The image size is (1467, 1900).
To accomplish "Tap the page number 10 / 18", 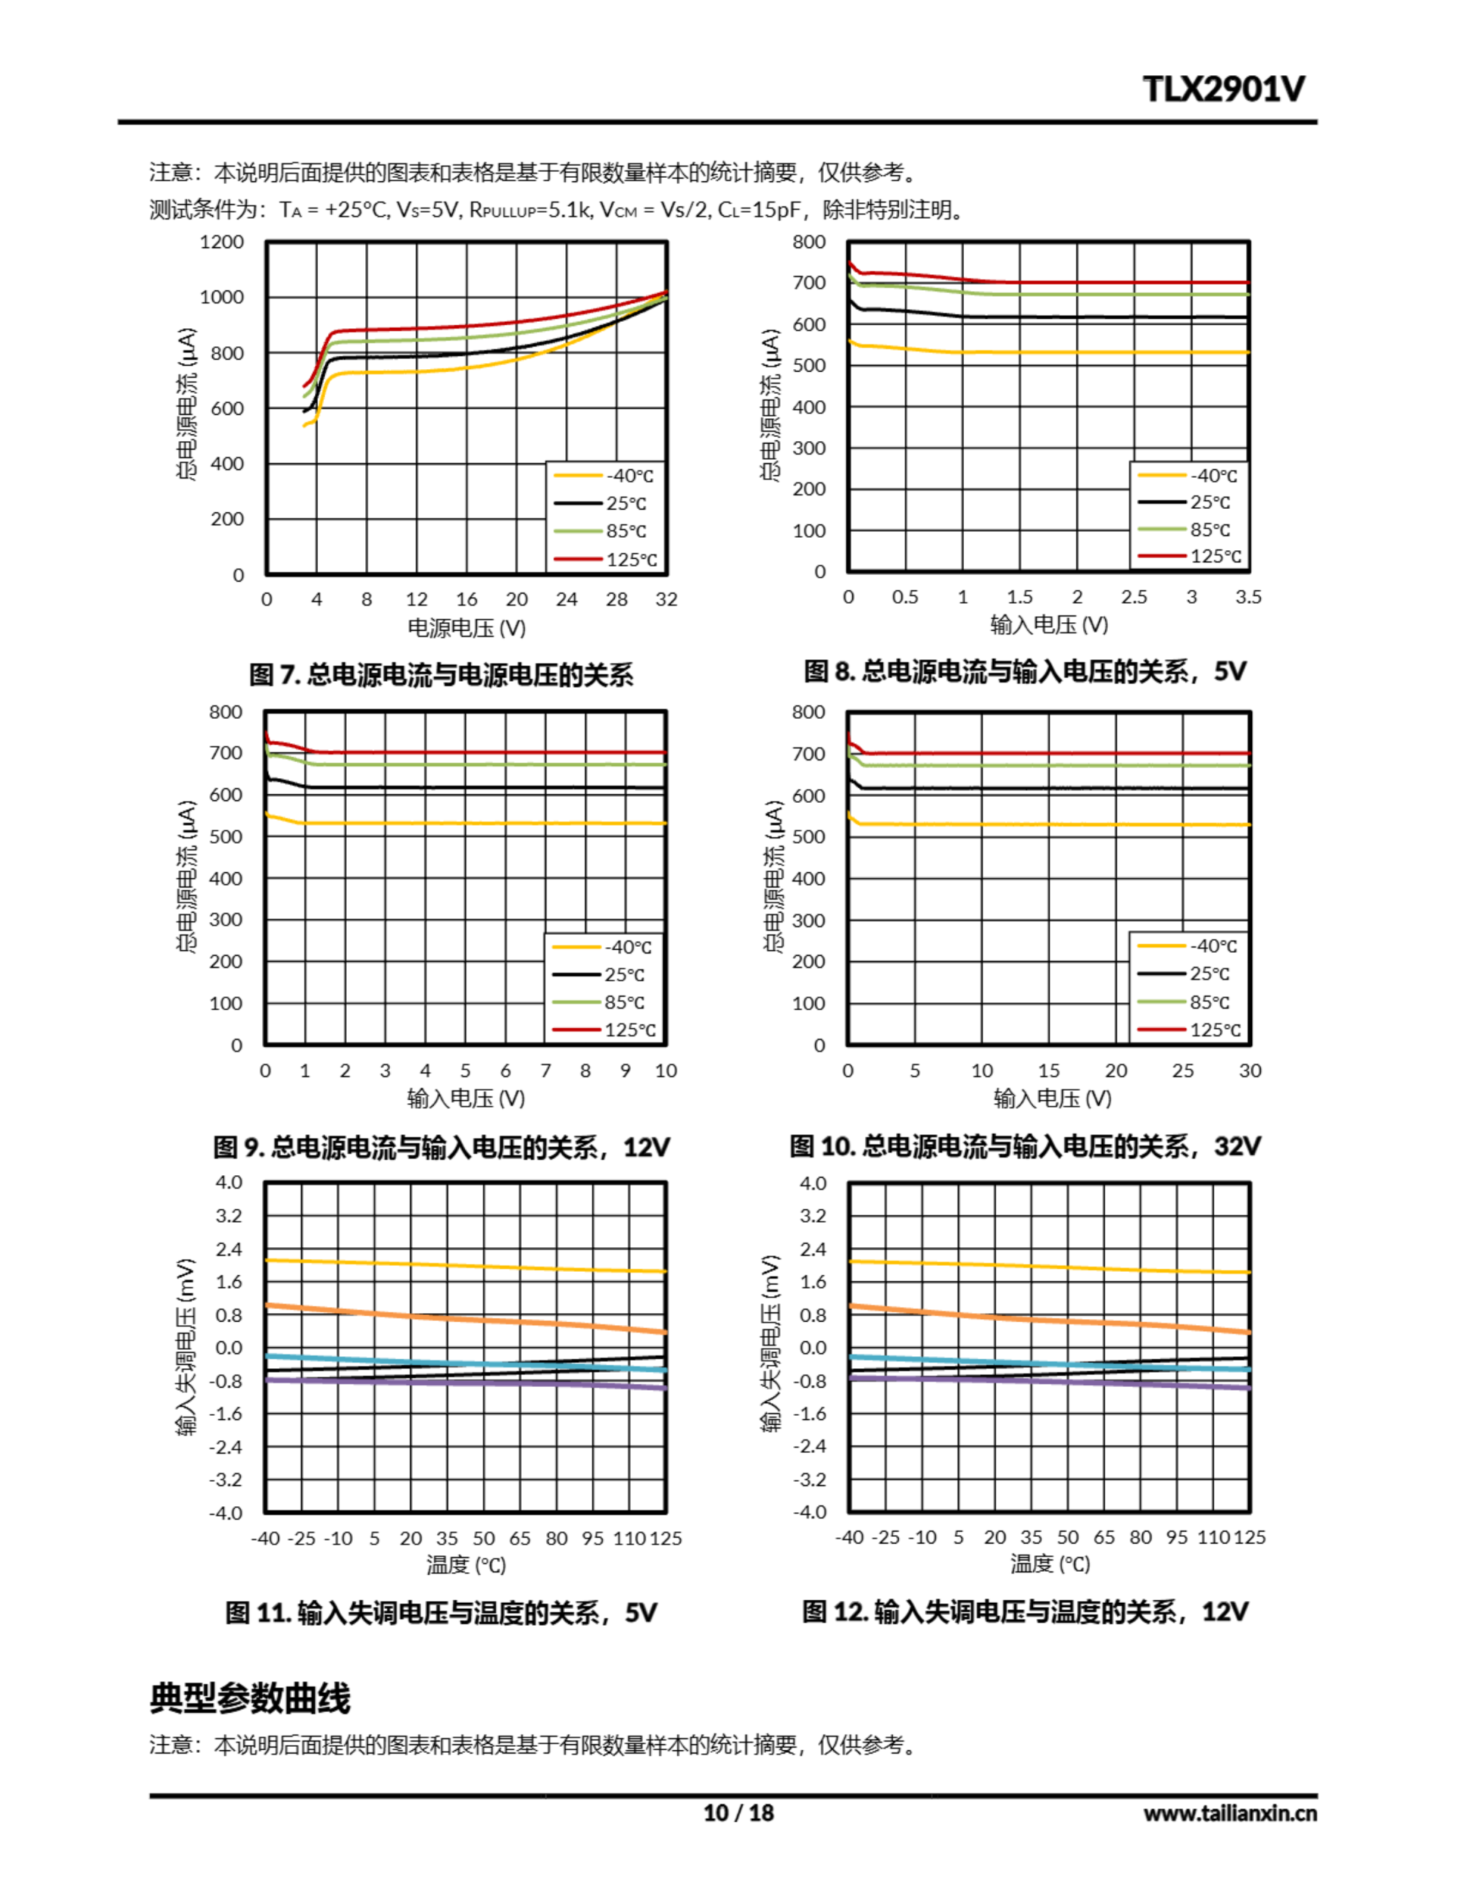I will tap(737, 1812).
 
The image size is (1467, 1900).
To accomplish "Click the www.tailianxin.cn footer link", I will tap(1230, 1813).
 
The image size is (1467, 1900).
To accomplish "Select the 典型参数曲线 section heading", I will tap(250, 1697).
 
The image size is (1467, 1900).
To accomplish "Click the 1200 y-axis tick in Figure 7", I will tap(222, 242).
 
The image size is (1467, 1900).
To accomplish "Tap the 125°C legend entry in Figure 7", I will tap(630, 560).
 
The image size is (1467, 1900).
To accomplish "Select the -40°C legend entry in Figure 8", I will tap(1213, 476).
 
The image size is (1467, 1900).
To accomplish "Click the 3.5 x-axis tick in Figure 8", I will tap(1248, 597).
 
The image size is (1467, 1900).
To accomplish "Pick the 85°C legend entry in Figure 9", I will tap(624, 1002).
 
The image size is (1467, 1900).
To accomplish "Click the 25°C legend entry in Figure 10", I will tap(1209, 974).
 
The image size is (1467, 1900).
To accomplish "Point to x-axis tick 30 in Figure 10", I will tap(1250, 1070).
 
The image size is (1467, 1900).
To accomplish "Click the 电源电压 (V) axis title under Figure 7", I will tap(466, 627).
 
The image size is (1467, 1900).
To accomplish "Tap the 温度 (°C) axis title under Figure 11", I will tap(466, 1565).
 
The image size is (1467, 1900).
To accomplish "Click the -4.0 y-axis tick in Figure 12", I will tap(810, 1512).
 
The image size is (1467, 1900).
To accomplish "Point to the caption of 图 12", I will tap(1024, 1611).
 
